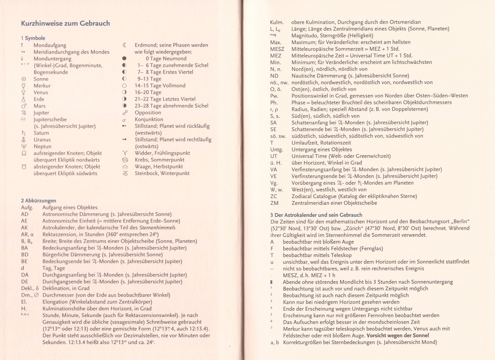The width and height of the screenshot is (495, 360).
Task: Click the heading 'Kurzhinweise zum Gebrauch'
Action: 65,23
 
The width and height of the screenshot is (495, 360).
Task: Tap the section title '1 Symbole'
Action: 33,38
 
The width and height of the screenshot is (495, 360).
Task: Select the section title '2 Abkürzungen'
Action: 38,201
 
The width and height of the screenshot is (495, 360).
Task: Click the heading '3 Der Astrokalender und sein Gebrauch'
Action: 316,215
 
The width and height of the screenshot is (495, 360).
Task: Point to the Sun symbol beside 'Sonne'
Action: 24,79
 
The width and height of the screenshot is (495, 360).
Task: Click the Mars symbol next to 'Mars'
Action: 24,106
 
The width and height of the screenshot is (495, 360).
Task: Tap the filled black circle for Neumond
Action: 124,59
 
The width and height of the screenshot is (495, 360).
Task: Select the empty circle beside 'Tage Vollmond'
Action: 124,86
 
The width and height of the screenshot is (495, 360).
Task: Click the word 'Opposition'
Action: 148,112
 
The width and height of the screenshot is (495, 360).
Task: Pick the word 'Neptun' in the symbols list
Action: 42,146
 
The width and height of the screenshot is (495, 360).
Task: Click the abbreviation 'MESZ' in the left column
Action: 277,49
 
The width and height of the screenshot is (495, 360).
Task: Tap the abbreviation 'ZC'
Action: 274,196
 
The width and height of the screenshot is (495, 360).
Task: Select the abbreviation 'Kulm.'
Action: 277,22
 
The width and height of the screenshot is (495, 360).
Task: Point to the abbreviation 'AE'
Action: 24,221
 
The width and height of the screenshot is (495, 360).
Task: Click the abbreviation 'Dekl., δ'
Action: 30,288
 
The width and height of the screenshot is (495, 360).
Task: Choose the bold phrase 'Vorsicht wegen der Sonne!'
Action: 398,335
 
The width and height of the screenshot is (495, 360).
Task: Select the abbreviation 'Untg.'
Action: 276,149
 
